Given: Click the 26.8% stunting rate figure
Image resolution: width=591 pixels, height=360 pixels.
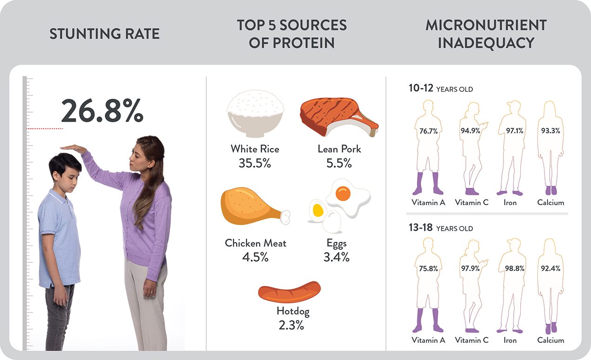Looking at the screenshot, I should (x=102, y=111).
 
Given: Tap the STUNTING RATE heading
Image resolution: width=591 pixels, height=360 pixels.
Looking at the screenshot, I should (x=104, y=34).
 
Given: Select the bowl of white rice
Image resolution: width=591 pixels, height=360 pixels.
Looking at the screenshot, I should (x=255, y=114).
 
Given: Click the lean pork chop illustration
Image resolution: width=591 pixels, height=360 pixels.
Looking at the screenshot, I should (x=337, y=116).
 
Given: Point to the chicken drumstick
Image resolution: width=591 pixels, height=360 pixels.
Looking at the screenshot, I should (x=251, y=206).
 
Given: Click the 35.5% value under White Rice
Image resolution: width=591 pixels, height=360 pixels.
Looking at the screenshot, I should (x=255, y=164).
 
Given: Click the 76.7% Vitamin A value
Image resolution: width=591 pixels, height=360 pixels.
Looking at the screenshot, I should (x=428, y=131).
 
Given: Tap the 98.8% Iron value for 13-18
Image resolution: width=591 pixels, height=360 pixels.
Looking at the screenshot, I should (x=514, y=269).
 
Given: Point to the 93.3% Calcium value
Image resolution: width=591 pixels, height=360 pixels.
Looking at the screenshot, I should (x=551, y=131).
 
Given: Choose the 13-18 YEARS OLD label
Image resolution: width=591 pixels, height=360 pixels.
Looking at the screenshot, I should (x=440, y=228).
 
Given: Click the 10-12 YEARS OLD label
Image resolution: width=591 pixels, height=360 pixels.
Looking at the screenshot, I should (x=440, y=89).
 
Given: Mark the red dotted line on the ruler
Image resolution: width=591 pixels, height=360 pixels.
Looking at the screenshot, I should (x=45, y=128).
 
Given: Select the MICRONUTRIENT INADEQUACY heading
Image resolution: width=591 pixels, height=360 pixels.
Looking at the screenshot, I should (x=486, y=34).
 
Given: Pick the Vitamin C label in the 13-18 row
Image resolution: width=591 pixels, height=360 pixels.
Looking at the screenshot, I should (x=471, y=340).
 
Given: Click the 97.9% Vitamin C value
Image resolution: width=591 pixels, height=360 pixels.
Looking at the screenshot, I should (x=471, y=269).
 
